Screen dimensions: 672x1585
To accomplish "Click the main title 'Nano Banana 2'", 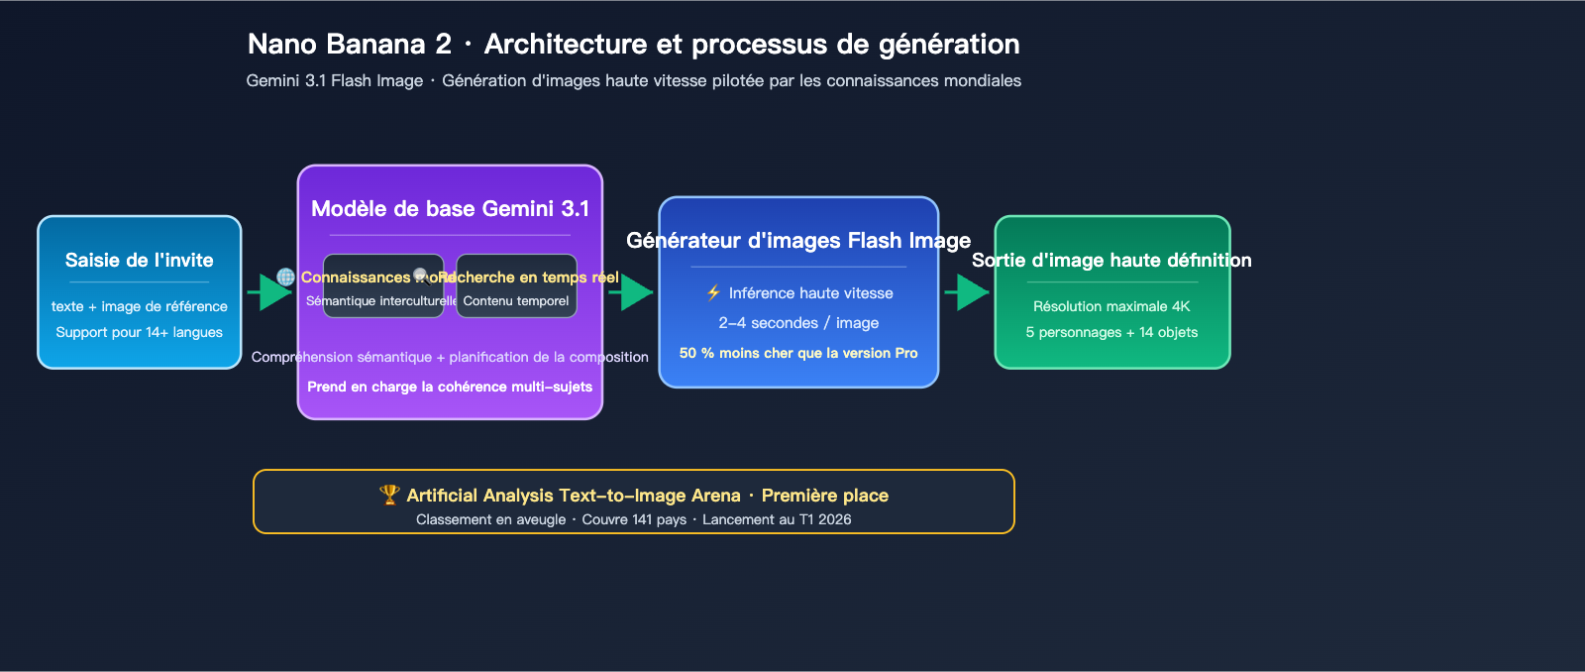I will coord(349,44).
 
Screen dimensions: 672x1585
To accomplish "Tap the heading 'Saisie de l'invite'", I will coord(140,260).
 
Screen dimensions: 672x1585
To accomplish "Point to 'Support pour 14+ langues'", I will coord(140,332).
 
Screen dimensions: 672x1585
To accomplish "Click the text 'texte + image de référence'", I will coord(140,306).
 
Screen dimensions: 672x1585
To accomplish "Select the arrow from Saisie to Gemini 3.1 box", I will coord(268,291).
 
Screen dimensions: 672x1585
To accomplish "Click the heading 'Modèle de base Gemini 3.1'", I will coord(450,208).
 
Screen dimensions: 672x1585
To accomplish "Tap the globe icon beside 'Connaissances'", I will coord(285,278).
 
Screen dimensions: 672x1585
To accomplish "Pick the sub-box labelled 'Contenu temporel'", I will coord(516,300).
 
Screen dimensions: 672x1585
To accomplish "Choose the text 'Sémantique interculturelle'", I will coord(380,300).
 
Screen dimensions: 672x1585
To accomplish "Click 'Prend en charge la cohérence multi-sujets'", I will coord(450,387).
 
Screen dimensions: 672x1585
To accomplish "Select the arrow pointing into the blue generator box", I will coord(631,291).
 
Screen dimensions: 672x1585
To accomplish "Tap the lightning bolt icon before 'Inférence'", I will coord(713,292).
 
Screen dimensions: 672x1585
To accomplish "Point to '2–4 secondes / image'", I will coord(798,323).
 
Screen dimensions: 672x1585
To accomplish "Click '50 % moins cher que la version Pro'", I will coord(798,353).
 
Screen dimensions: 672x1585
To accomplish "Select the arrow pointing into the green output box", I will coord(967,291).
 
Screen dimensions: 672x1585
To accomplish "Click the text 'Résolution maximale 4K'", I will coord(1111,306).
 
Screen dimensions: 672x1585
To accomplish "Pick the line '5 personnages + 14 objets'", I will coord(1111,332).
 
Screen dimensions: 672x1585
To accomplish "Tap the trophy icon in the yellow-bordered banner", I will coord(389,494).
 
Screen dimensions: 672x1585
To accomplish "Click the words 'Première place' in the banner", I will coord(824,496).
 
